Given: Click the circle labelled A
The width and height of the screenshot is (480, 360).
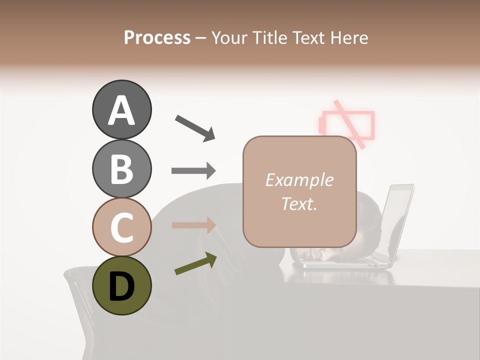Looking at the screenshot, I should [x=121, y=109].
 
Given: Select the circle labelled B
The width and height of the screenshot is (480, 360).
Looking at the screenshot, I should [x=121, y=168].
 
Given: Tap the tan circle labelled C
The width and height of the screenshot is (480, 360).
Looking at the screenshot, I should [x=121, y=227].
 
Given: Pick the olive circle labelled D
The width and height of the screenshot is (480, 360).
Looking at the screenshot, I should [x=121, y=286].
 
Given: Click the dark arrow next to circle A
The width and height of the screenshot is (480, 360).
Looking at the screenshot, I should [x=195, y=127].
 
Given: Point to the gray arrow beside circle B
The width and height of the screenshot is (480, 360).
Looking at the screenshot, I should [x=193, y=171].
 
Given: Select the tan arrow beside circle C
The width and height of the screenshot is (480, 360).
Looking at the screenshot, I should [x=193, y=225].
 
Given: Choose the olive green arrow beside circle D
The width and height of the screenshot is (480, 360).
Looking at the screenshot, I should [x=195, y=263].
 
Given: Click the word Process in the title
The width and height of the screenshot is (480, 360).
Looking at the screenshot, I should [x=157, y=37].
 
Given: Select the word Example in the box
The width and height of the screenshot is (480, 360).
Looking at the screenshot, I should [x=299, y=180].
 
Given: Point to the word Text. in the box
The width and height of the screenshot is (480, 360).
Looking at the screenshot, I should [x=299, y=203].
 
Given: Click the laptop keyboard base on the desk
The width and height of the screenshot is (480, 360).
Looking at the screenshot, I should [x=345, y=263].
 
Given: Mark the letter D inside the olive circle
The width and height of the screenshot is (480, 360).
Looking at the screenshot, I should [x=121, y=287].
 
